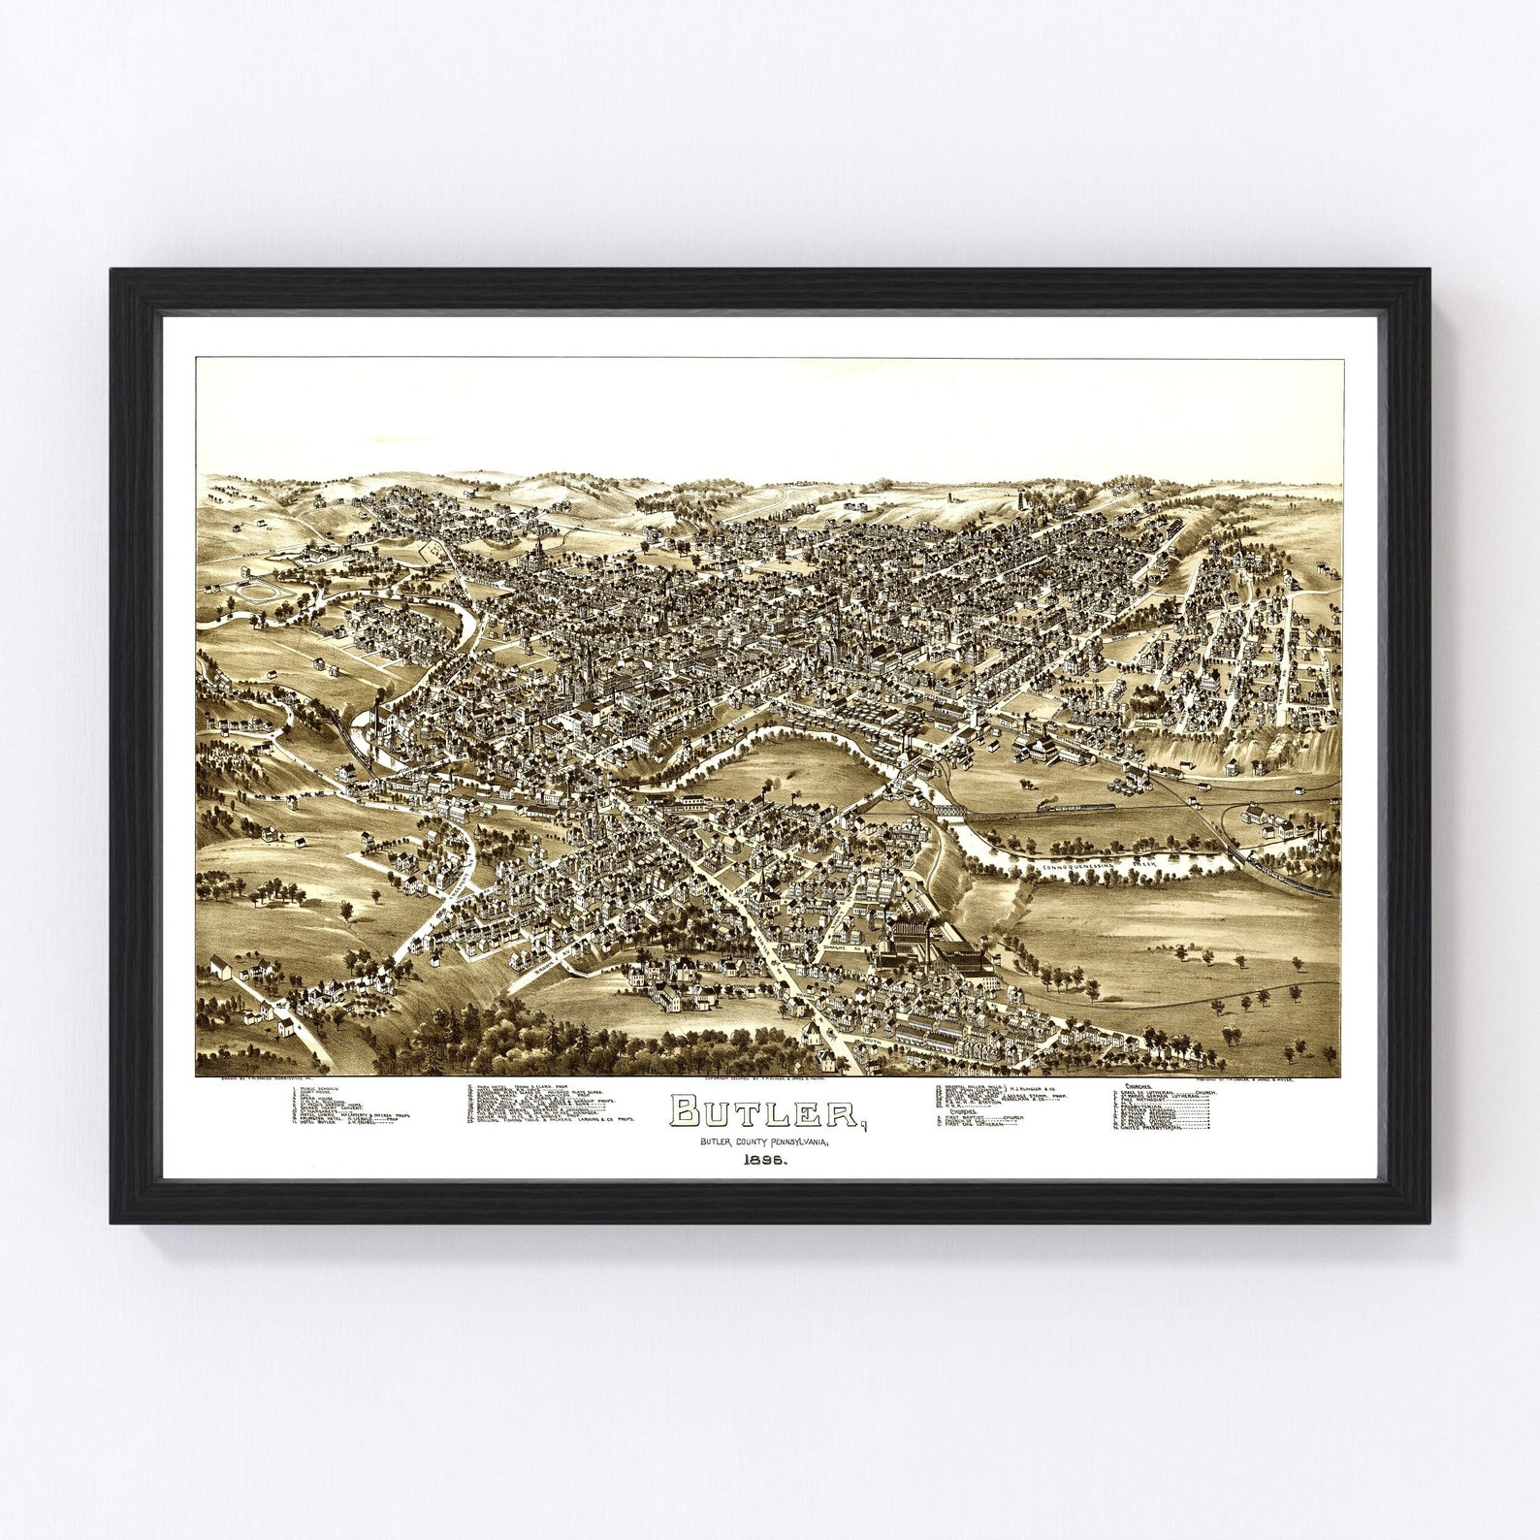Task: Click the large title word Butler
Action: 764,1112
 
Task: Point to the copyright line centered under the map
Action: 766,1078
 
